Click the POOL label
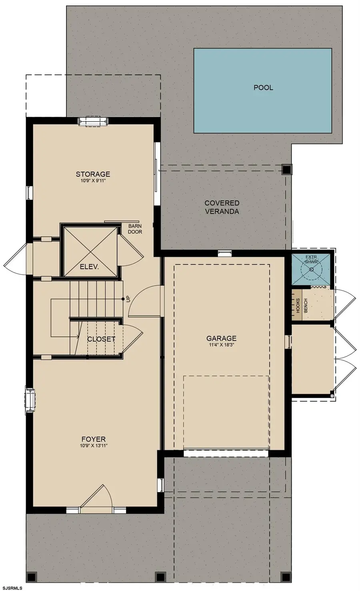[263, 88]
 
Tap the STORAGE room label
[93, 174]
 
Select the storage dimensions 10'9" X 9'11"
[93, 181]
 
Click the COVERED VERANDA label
[222, 207]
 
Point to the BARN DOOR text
[135, 229]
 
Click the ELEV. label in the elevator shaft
[89, 267]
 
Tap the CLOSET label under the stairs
[101, 339]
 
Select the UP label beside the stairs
[128, 299]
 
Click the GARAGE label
[221, 338]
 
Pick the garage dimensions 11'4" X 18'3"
[221, 345]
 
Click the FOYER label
[94, 439]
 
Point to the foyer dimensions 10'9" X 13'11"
[94, 446]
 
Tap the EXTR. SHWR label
[311, 260]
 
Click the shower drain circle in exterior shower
[311, 270]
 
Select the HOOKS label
[298, 305]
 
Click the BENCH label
[306, 305]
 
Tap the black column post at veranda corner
[286, 170]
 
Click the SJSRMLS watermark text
[11, 588]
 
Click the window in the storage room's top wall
[93, 121]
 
